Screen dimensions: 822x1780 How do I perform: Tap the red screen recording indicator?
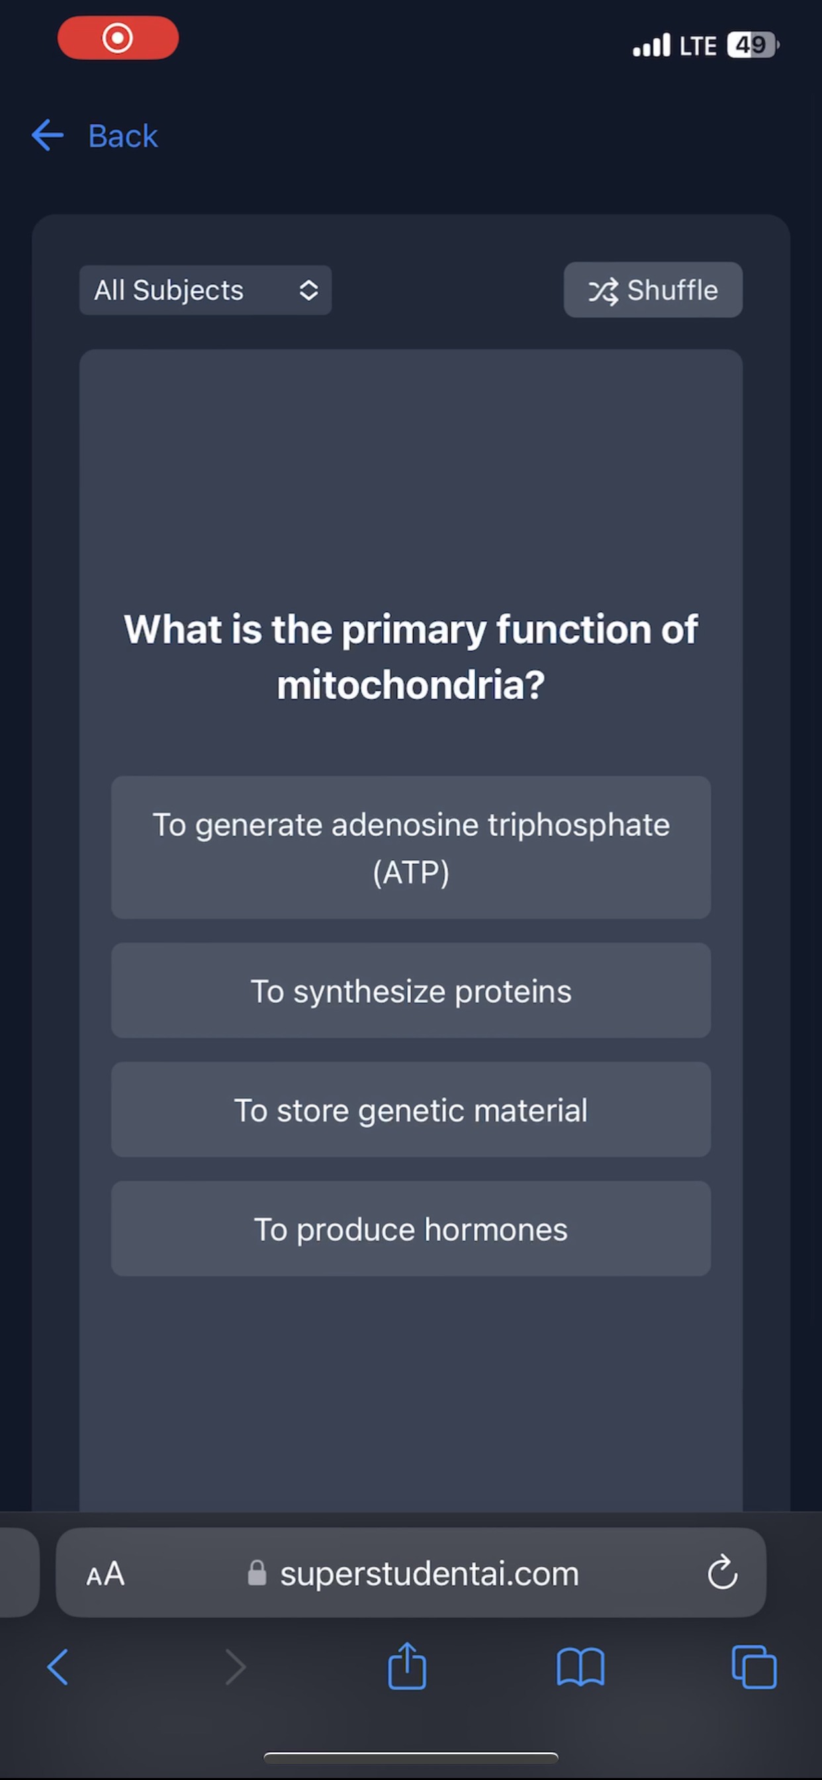click(x=118, y=38)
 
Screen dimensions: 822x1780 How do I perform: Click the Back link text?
click(x=123, y=136)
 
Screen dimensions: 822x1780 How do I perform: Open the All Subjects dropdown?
click(x=205, y=290)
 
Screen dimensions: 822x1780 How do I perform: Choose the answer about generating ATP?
click(x=411, y=848)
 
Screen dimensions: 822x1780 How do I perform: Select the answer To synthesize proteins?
click(x=411, y=991)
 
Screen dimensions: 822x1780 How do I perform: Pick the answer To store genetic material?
click(x=411, y=1110)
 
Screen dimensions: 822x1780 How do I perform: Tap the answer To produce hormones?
click(x=411, y=1228)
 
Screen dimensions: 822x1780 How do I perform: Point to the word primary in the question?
click(x=414, y=631)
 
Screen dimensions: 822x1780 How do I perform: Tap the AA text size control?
click(x=106, y=1574)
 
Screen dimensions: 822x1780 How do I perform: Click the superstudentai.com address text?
click(x=429, y=1574)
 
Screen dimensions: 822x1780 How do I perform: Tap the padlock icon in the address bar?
click(x=257, y=1573)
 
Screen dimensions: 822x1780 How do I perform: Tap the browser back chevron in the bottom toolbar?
click(x=58, y=1667)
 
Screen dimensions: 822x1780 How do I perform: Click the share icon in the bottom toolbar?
click(x=407, y=1666)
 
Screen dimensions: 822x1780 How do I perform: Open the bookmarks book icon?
click(x=580, y=1667)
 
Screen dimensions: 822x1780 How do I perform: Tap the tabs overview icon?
click(x=754, y=1667)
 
